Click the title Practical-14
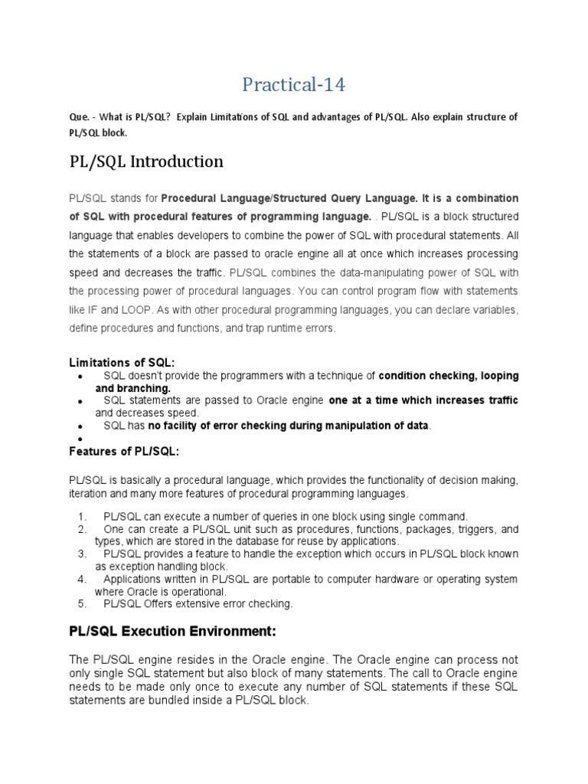293,85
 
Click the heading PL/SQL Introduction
146,162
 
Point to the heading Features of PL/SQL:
124,452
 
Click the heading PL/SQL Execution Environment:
172,632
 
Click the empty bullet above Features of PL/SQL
80,439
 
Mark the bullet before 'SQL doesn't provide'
80,377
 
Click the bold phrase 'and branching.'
132,388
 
